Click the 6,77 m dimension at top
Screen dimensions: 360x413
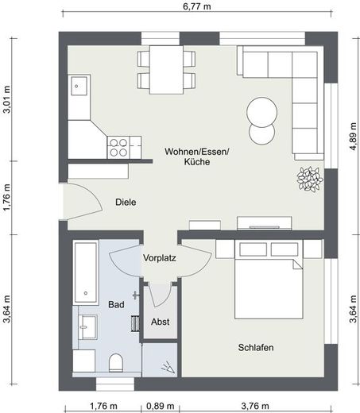coord(197,6)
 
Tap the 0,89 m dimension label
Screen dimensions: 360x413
coord(161,406)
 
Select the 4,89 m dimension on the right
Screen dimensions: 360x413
coord(353,137)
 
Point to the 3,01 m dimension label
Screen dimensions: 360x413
coord(6,99)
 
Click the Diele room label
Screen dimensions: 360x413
coord(126,203)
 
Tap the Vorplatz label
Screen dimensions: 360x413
coord(160,258)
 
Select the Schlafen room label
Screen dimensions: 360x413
coord(256,347)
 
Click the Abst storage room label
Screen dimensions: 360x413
coord(161,322)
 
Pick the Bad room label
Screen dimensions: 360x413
coord(116,304)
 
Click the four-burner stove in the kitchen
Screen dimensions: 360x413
coord(118,148)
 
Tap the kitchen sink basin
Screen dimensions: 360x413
coord(79,86)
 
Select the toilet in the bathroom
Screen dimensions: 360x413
coord(116,363)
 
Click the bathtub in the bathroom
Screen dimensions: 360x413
coord(86,272)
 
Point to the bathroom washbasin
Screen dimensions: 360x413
coord(88,327)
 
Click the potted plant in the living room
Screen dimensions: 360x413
coord(310,179)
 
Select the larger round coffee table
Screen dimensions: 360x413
coord(261,112)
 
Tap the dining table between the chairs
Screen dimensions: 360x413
coord(166,70)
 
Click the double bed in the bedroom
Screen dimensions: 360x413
coord(269,279)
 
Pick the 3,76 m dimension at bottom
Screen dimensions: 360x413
coord(255,406)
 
